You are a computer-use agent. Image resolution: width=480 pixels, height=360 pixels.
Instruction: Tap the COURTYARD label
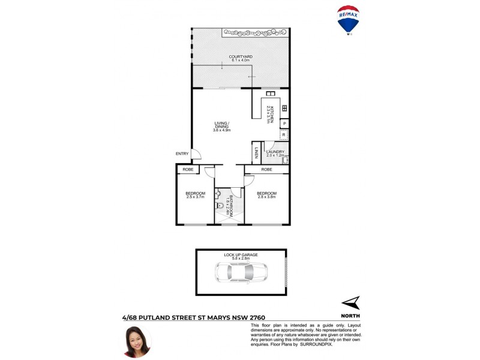241,59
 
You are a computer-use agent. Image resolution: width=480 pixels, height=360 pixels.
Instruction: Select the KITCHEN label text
271,114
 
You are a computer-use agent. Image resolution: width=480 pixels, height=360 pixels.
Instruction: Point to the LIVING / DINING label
222,127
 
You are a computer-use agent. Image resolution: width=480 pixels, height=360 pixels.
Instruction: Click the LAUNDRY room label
267,154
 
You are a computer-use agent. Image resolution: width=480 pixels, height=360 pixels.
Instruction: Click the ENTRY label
182,154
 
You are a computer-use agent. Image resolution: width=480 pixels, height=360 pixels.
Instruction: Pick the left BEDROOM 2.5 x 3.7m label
196,194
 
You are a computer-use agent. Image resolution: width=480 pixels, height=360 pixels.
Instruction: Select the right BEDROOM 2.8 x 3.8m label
266,194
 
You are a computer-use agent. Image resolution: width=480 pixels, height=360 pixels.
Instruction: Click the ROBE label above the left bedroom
187,170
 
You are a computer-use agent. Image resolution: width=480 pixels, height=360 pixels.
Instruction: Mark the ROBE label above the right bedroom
266,170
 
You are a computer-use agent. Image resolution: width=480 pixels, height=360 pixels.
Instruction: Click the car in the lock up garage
241,273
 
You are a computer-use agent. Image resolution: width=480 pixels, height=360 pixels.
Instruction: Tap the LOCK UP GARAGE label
241,255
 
